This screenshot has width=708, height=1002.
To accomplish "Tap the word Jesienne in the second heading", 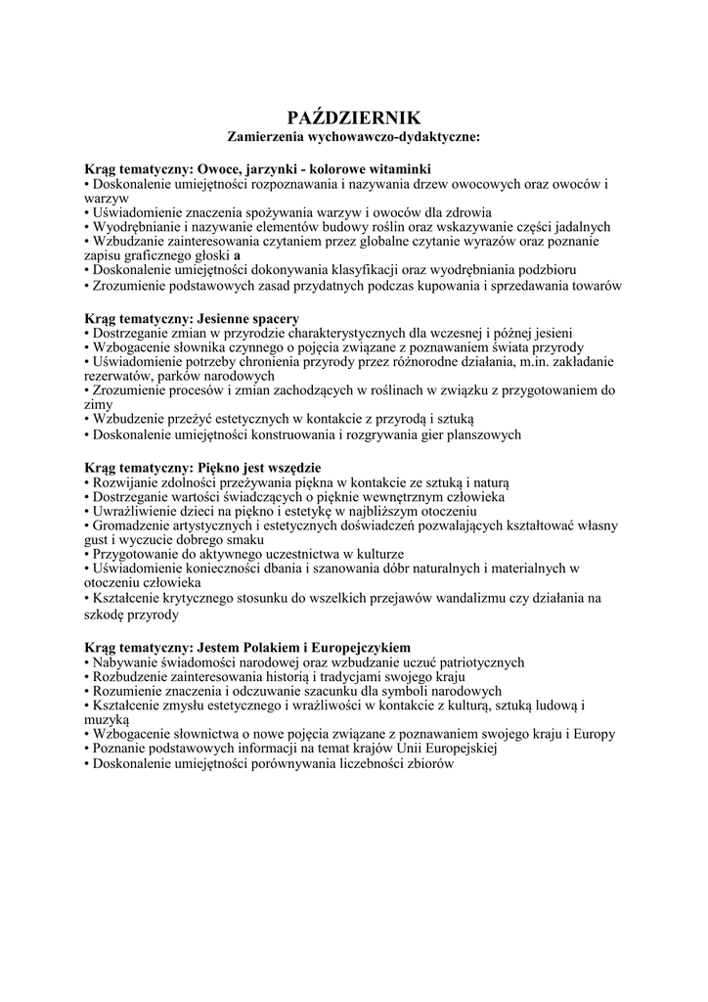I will [227, 319].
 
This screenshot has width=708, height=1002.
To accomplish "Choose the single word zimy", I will [99, 404].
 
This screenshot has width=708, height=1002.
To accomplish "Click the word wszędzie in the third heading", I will [290, 468].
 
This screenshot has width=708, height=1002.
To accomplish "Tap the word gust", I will [98, 540].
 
